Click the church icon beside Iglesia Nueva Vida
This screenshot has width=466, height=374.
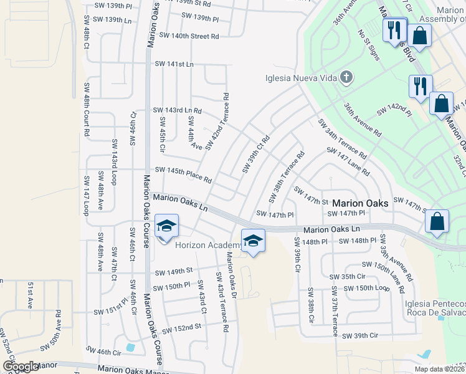346,78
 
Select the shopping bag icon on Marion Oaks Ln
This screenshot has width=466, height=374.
438,221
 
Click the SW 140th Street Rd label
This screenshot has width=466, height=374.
189,36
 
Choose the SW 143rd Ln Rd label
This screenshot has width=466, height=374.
178,110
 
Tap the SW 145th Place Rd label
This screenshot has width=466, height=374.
183,174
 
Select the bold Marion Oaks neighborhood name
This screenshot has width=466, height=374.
360,203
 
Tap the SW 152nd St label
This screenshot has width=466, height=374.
181,327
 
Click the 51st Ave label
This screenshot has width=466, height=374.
30,295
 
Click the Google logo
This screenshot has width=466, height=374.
21,367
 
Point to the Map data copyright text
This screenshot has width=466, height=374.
439,369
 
